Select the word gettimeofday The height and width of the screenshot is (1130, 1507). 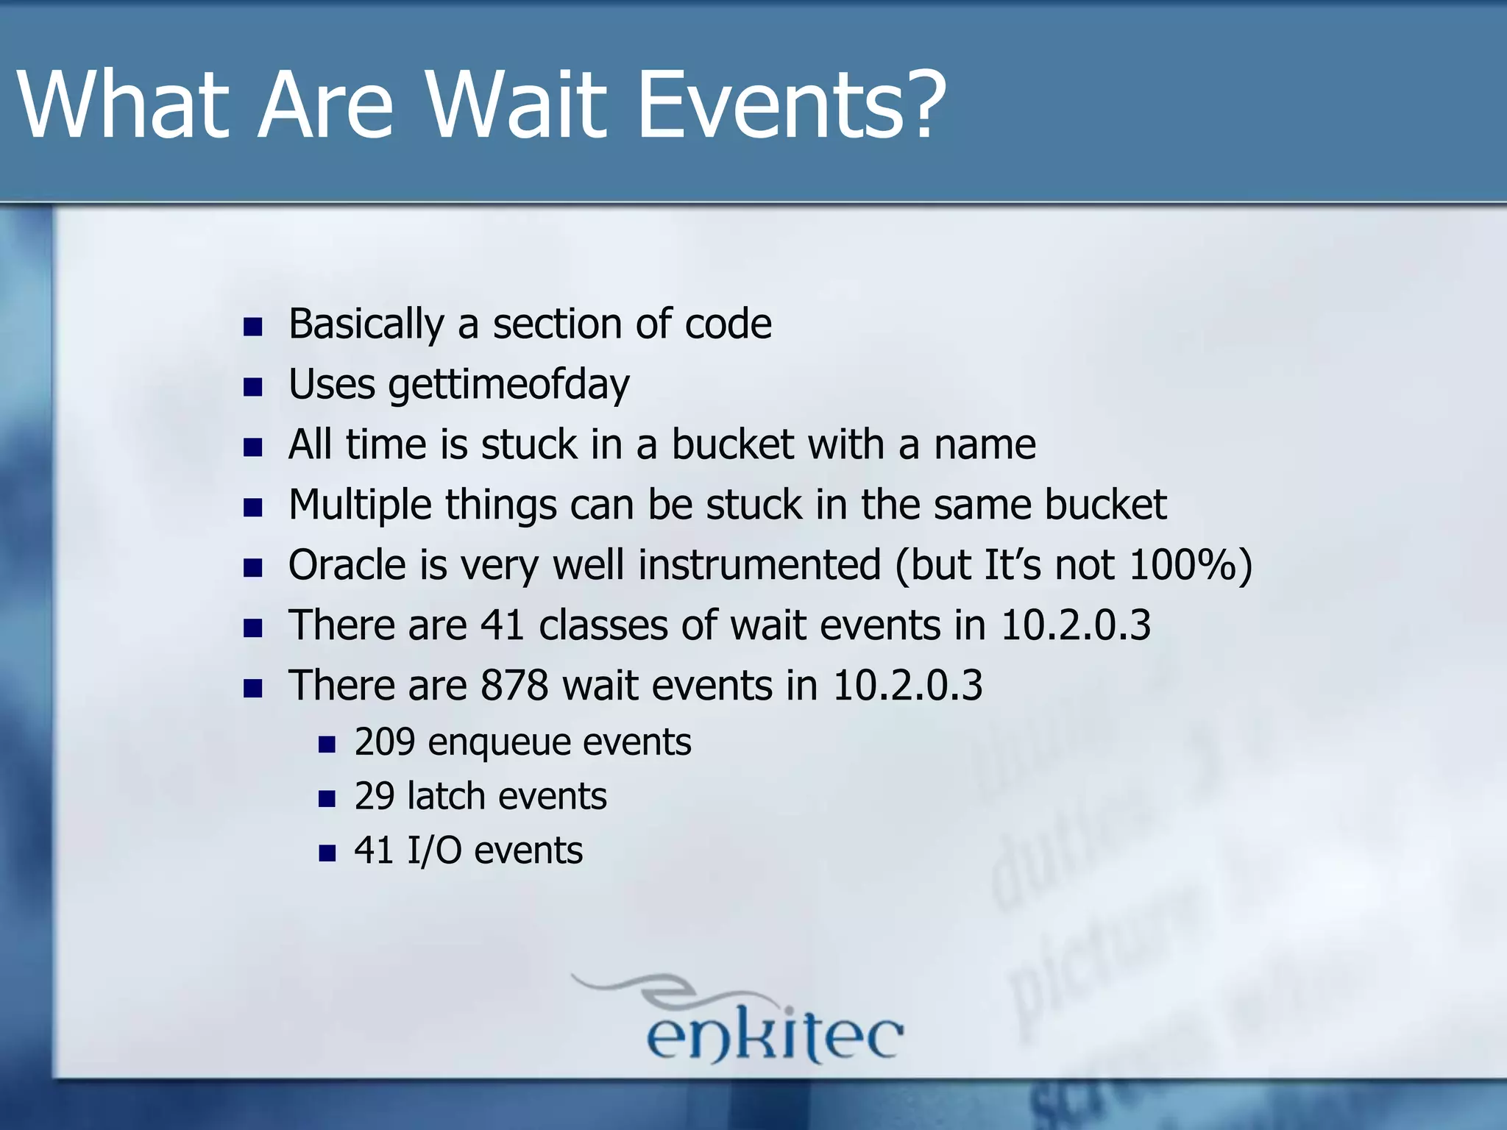(x=508, y=385)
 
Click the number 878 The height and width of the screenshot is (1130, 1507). (x=514, y=686)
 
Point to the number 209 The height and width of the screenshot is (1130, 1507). (x=384, y=742)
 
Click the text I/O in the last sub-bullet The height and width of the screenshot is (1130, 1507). (x=434, y=850)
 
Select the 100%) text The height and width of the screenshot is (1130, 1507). (x=1190, y=565)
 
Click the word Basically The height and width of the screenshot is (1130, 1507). (x=366, y=324)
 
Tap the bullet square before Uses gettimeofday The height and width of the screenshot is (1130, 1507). (x=252, y=387)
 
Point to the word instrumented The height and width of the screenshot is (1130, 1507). (x=759, y=565)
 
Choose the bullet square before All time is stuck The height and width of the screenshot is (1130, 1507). (x=252, y=447)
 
